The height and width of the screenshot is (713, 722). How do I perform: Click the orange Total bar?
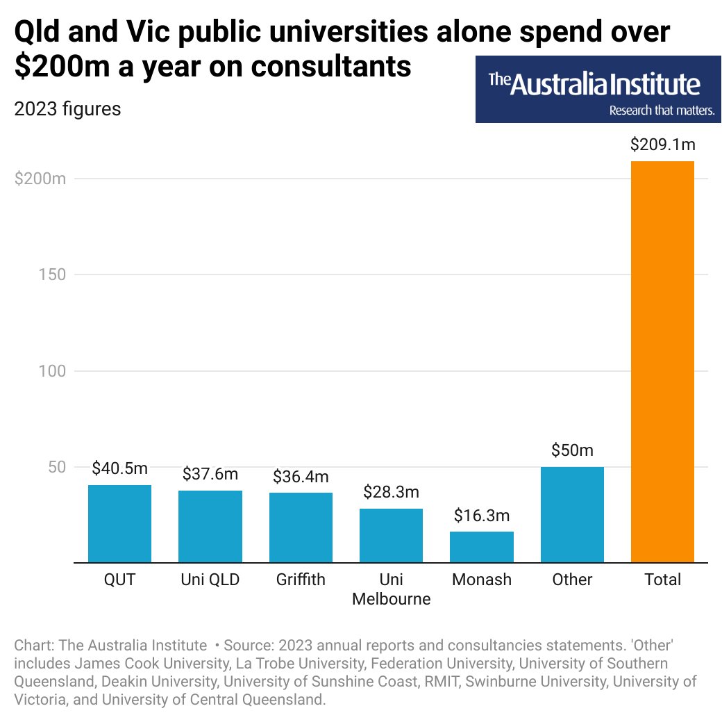coord(662,361)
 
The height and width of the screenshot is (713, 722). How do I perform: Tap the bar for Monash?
coord(481,547)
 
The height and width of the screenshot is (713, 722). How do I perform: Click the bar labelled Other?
coord(572,514)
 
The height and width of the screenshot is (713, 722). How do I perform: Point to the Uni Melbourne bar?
coord(391,535)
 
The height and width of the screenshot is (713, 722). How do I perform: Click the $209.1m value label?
coord(662,145)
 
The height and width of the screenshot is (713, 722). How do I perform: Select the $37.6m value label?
coord(210,474)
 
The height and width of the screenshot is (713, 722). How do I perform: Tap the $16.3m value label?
coord(481,516)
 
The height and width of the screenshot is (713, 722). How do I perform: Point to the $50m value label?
coord(572,450)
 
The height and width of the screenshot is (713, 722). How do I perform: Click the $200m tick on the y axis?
coord(40,179)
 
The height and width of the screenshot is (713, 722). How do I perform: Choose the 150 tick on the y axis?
coord(50,274)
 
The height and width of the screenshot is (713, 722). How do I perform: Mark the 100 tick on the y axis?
coord(50,371)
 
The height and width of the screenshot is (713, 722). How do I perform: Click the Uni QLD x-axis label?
coord(210,580)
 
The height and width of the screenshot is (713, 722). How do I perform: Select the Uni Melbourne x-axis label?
coord(391,589)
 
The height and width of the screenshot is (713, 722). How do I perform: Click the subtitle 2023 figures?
coord(67,109)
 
